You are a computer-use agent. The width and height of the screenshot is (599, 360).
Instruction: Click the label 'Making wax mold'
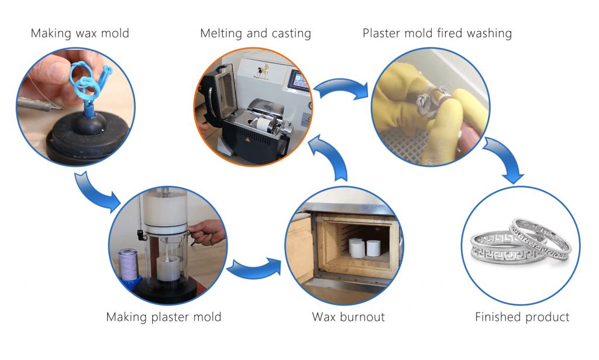(x=80, y=33)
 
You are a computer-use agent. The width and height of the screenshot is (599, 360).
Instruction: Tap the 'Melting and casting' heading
(x=256, y=33)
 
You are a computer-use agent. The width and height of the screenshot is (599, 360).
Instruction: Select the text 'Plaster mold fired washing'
(x=437, y=33)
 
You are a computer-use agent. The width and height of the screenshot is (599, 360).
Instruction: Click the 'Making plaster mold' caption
(x=164, y=317)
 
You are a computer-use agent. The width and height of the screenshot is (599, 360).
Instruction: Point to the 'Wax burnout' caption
(x=348, y=317)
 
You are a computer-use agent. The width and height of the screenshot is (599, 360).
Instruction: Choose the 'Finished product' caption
(x=522, y=317)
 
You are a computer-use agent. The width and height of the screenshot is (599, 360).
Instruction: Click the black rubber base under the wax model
(x=82, y=138)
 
